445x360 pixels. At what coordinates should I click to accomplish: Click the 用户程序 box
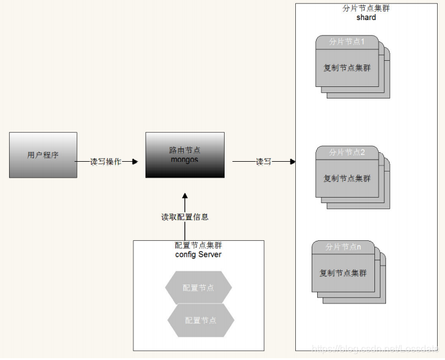pyautogui.click(x=43, y=155)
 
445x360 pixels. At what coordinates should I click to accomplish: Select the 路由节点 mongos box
pyautogui.click(x=184, y=154)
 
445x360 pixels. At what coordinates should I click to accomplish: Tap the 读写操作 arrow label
pyautogui.click(x=106, y=162)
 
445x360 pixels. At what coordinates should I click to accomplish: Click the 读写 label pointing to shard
pyautogui.click(x=264, y=162)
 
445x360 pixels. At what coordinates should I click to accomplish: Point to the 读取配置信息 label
pyautogui.click(x=184, y=216)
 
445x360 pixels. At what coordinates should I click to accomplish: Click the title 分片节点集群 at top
pyautogui.click(x=366, y=9)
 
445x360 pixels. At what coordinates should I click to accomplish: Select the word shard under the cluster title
pyautogui.click(x=366, y=18)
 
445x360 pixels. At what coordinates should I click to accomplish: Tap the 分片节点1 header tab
pyautogui.click(x=346, y=42)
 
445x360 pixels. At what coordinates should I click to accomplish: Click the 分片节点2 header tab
pyautogui.click(x=346, y=152)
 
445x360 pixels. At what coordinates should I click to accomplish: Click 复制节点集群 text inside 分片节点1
pyautogui.click(x=346, y=67)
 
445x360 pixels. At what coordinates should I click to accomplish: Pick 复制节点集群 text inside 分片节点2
pyautogui.click(x=346, y=178)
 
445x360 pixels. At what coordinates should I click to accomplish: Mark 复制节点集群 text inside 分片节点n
pyautogui.click(x=343, y=273)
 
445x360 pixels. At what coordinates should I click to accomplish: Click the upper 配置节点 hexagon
pyautogui.click(x=198, y=288)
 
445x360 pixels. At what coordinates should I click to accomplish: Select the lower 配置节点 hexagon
pyautogui.click(x=201, y=320)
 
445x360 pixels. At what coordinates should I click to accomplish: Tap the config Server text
pyautogui.click(x=198, y=254)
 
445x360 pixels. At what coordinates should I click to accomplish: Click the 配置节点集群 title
pyautogui.click(x=198, y=245)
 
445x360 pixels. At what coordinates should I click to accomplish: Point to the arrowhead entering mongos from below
pyautogui.click(x=185, y=197)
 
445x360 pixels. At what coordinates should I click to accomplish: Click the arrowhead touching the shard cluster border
pyautogui.click(x=292, y=162)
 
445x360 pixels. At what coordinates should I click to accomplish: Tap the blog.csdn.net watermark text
pyautogui.click(x=374, y=348)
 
